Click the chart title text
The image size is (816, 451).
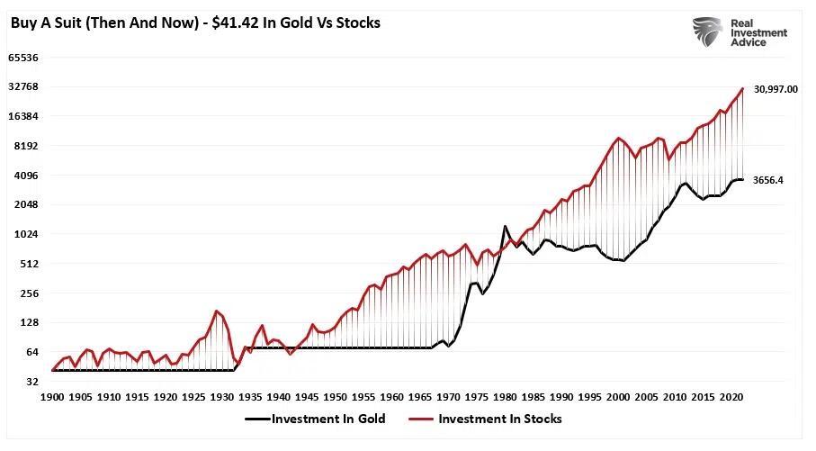pyautogui.click(x=195, y=23)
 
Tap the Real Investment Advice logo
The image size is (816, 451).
pyautogui.click(x=740, y=33)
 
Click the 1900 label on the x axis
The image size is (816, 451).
pyautogui.click(x=53, y=397)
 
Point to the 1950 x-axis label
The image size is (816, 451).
pyautogui.click(x=336, y=397)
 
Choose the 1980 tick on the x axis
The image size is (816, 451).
pyautogui.click(x=505, y=397)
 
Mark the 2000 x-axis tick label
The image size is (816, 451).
pyautogui.click(x=618, y=397)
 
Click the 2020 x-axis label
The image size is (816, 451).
pyautogui.click(x=731, y=397)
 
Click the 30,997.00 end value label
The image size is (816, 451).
pyautogui.click(x=775, y=89)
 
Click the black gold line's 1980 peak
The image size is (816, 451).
pyautogui.click(x=506, y=226)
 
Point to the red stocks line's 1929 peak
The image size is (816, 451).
pyautogui.click(x=217, y=311)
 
